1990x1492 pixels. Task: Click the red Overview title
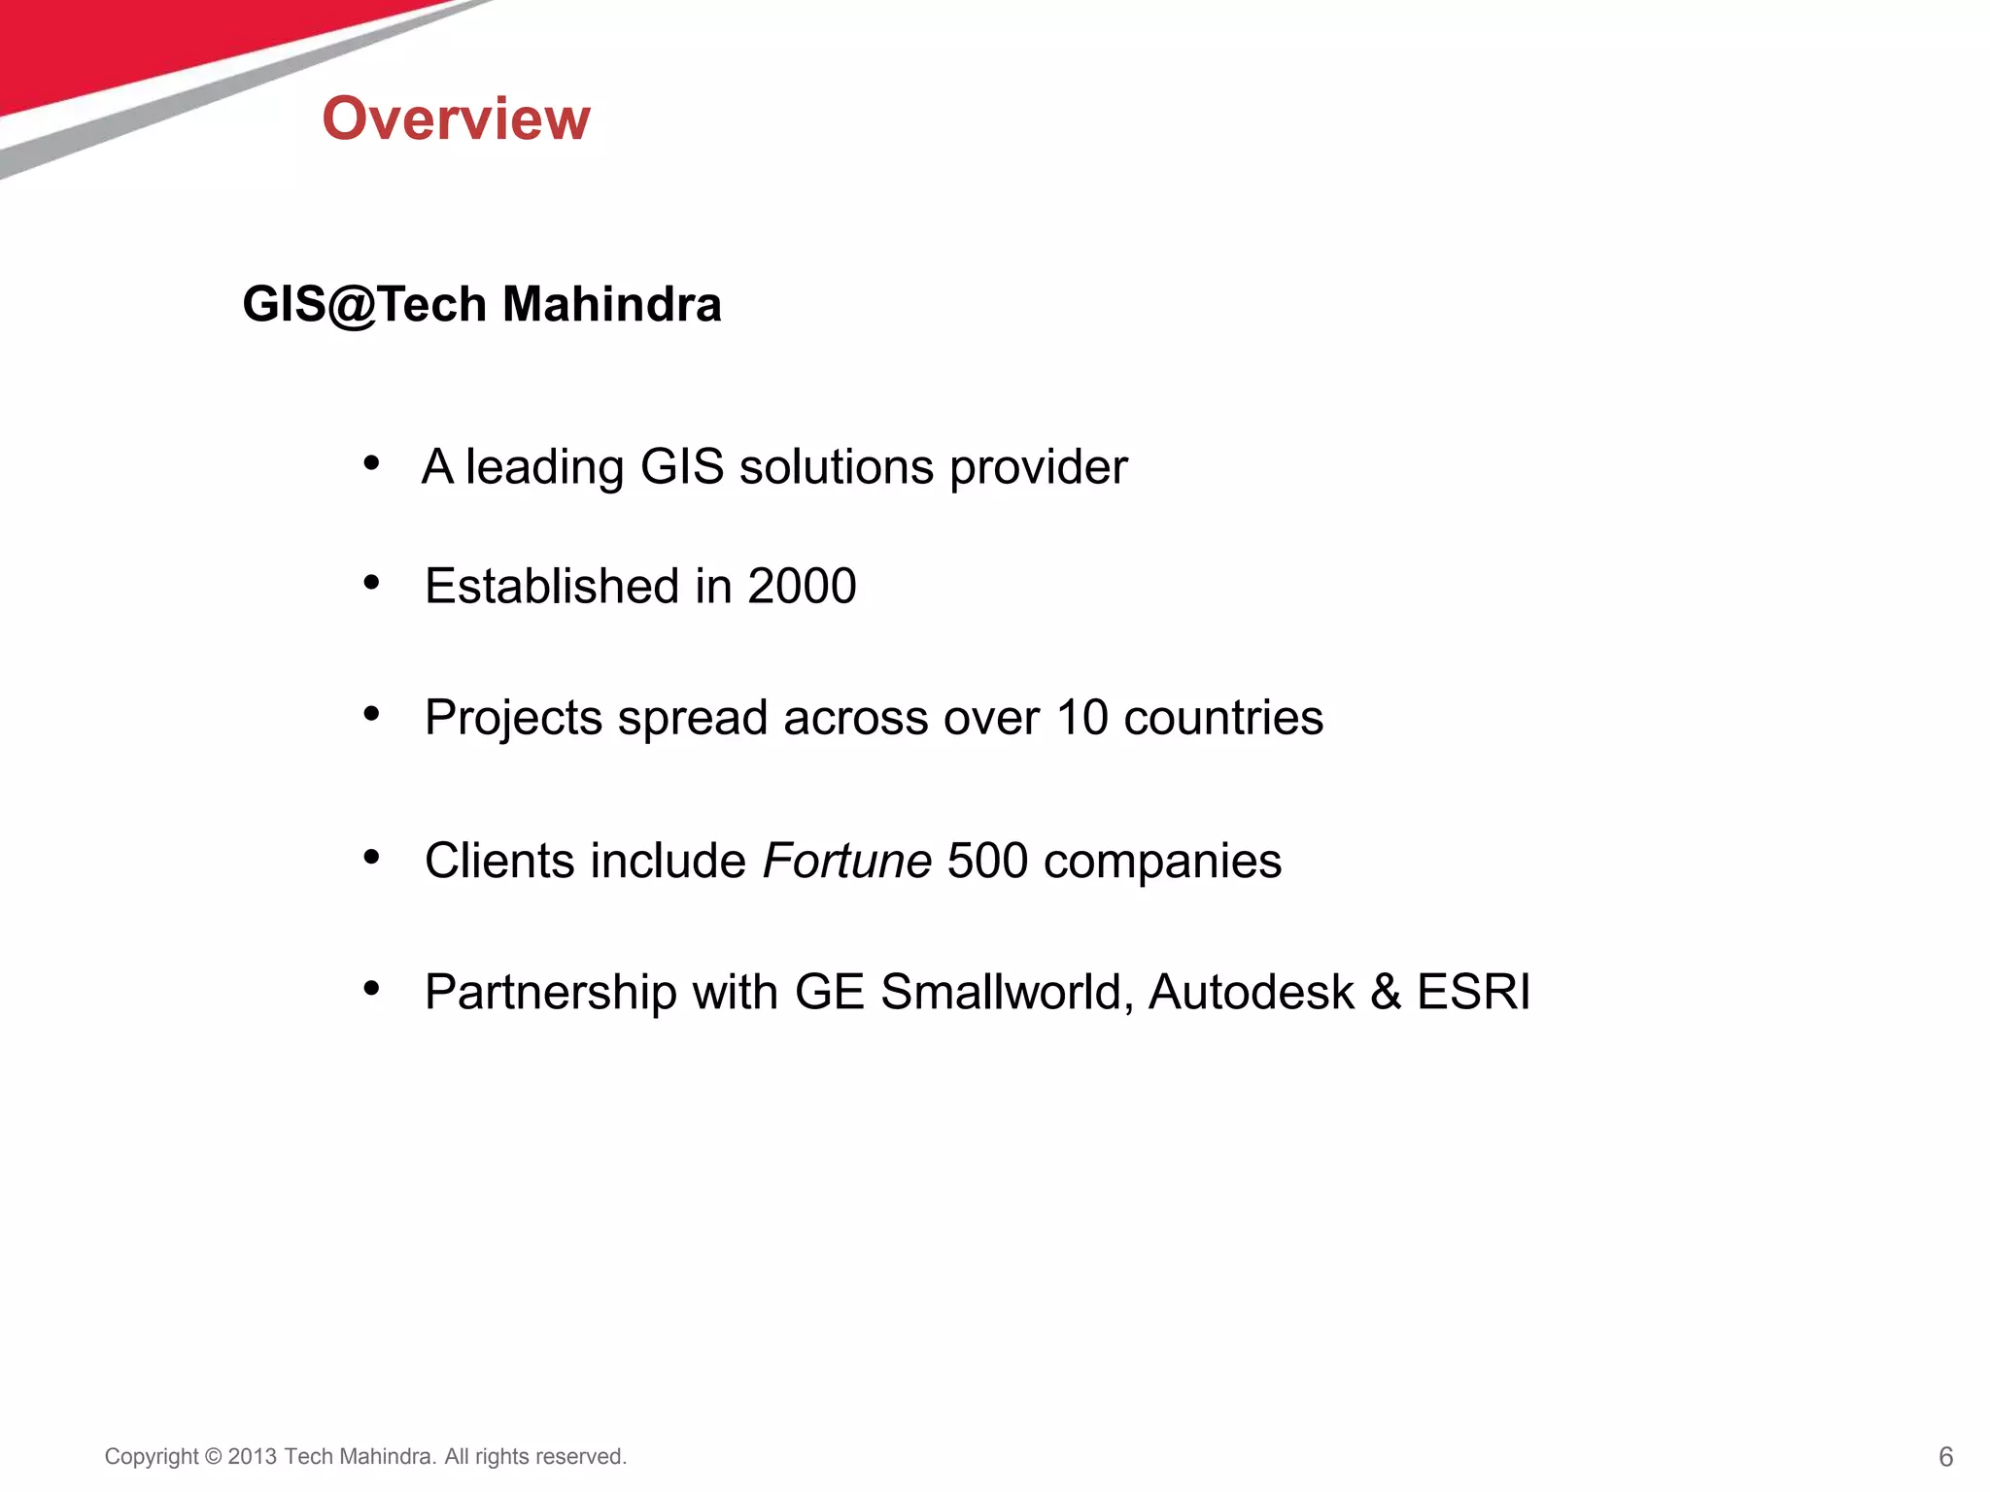tap(456, 119)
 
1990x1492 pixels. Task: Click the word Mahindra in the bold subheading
tap(612, 304)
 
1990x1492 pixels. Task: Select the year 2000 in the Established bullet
tap(802, 586)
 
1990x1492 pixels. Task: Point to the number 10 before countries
tap(1081, 718)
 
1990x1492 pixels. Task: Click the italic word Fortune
tap(847, 861)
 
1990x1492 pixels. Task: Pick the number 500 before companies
tap(987, 861)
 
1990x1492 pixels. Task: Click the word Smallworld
tap(1007, 992)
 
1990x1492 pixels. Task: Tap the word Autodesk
tap(1252, 992)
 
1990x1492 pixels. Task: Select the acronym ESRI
tap(1473, 992)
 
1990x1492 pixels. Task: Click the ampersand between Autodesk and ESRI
tap(1386, 992)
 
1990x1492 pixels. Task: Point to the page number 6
tap(1945, 1457)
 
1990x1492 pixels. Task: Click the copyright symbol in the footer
tap(214, 1457)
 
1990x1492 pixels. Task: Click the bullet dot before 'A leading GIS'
tap(371, 463)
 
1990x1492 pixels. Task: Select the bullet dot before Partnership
tap(371, 989)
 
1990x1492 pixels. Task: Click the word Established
tap(552, 586)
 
